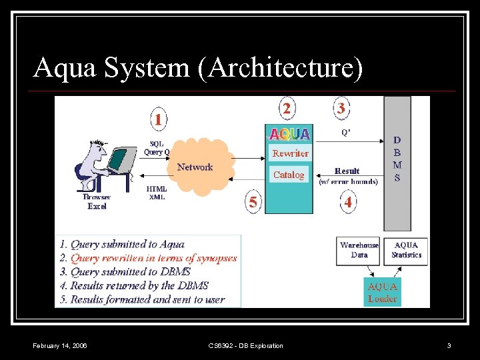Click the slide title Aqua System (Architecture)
(x=198, y=68)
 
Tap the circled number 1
(x=158, y=120)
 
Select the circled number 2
(x=287, y=108)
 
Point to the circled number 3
(x=341, y=107)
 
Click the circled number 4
(x=347, y=201)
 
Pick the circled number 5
(x=253, y=202)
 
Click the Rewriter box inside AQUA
(x=290, y=153)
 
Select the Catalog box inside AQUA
(x=289, y=175)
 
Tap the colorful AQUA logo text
(x=289, y=134)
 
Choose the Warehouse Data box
(x=359, y=250)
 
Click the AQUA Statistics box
(x=406, y=250)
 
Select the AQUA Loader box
(x=383, y=292)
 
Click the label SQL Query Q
(x=157, y=148)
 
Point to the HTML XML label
(x=157, y=193)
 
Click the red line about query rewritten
(x=154, y=258)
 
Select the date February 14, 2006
(x=60, y=345)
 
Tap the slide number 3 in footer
(x=449, y=345)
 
